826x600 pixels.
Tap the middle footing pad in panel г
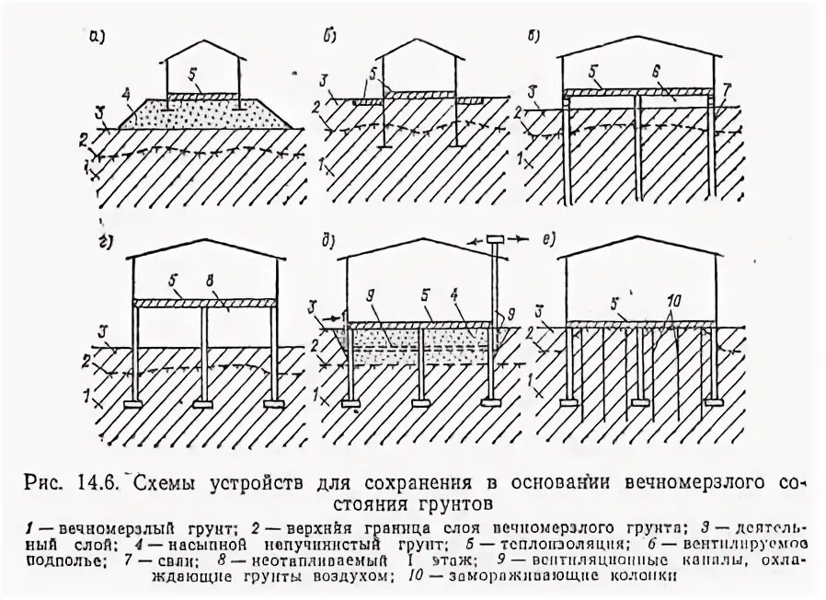(203, 403)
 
